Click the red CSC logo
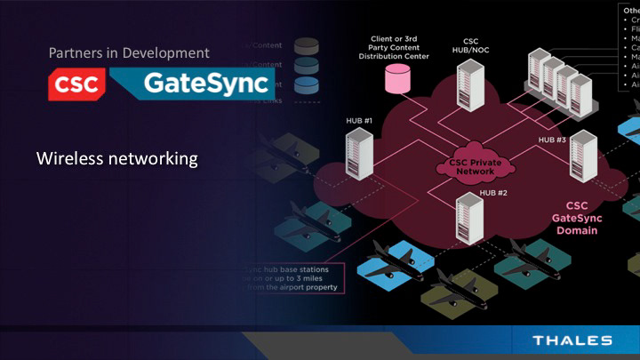[77, 84]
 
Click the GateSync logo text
[194, 84]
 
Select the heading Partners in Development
[129, 53]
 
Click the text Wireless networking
[116, 160]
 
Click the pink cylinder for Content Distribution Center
[394, 79]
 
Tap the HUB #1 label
[359, 120]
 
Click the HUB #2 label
[493, 193]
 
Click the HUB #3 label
[552, 140]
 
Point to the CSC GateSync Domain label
[576, 217]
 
